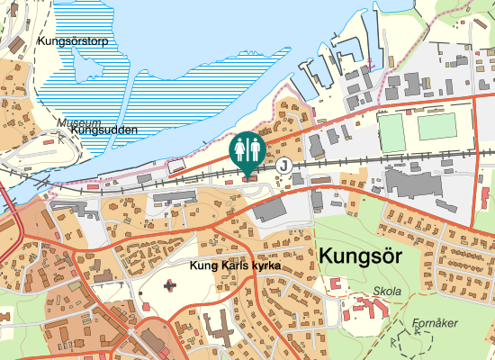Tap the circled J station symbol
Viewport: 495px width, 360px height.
point(284,165)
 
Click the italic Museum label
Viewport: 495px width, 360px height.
point(78,122)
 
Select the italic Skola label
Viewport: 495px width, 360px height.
point(387,292)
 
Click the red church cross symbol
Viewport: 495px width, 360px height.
point(171,286)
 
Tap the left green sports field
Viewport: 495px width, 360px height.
point(392,131)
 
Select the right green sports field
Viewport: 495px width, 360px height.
point(438,127)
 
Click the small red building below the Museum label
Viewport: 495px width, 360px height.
point(48,141)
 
